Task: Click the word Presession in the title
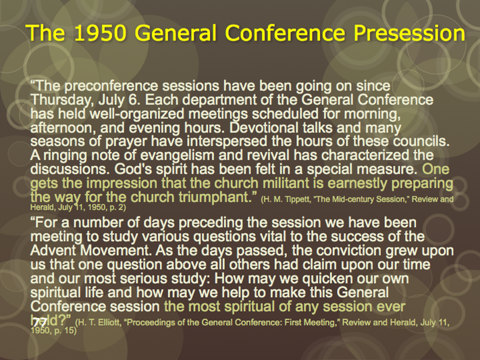point(409,33)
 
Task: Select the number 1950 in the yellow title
point(100,32)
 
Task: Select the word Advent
point(53,251)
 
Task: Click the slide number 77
point(40,323)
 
